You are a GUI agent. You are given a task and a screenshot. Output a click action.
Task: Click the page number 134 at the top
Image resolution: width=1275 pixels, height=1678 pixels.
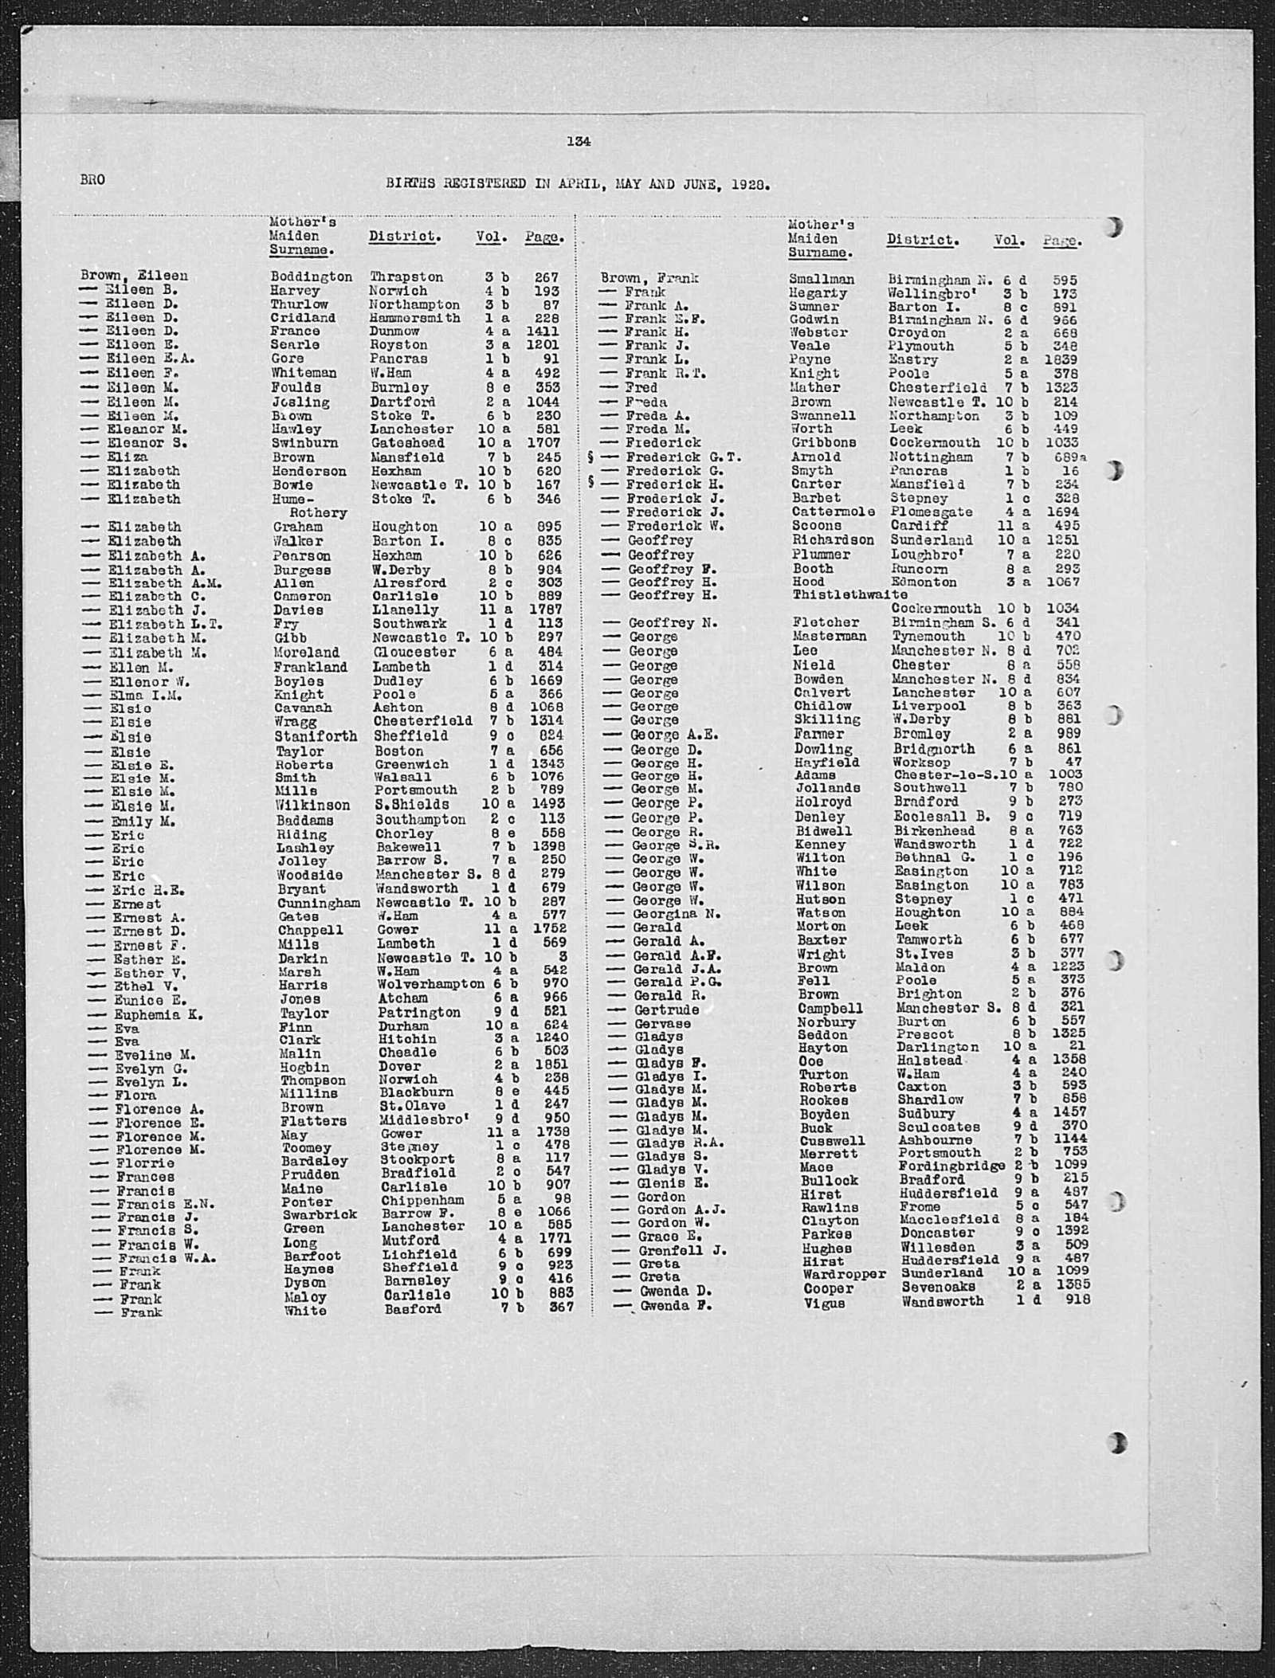579,141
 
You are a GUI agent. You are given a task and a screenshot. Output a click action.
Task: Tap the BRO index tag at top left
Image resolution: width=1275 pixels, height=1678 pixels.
92,180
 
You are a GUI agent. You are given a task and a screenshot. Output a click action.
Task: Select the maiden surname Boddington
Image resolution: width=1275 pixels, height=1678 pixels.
311,276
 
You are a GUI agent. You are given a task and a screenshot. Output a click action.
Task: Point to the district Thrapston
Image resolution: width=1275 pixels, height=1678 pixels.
406,276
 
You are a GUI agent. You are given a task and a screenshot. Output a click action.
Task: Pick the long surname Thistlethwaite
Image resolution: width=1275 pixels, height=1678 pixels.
849,594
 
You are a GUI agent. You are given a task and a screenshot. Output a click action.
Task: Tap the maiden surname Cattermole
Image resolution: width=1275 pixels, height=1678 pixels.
833,512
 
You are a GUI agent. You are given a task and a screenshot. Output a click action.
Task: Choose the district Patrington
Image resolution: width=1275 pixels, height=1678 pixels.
418,1012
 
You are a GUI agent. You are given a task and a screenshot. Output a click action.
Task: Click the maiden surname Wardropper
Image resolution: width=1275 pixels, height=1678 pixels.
845,1273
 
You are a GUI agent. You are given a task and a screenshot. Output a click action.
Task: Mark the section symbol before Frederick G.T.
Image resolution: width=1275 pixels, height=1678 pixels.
590,457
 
